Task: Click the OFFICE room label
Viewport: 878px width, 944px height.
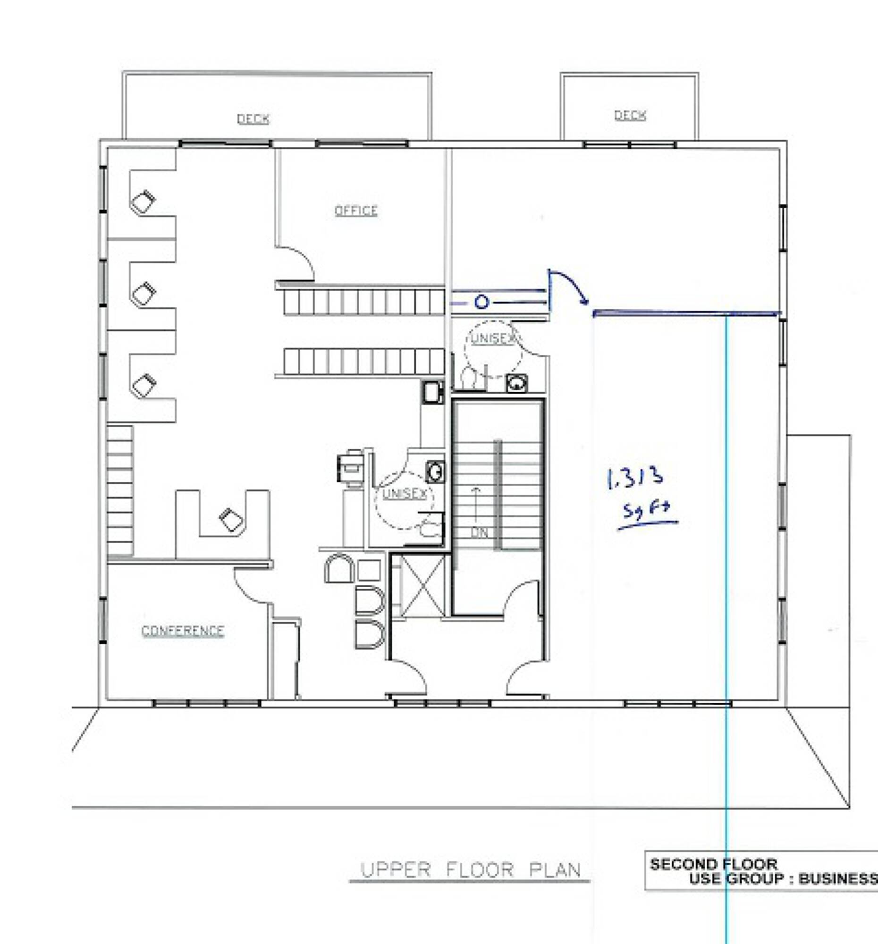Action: coord(355,211)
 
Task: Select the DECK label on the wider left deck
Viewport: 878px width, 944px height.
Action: coord(253,118)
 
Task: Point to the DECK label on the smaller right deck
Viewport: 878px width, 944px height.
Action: coord(630,115)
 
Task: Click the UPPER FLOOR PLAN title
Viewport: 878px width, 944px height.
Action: coord(471,870)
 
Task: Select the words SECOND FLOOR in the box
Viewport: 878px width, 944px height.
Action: coord(713,864)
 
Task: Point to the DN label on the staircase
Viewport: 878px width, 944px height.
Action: coord(479,532)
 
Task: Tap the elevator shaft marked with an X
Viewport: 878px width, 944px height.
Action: coord(422,586)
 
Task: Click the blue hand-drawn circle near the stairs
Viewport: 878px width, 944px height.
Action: coord(481,302)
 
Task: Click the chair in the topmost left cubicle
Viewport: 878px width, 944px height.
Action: coord(143,202)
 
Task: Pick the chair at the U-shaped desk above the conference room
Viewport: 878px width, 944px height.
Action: coord(232,520)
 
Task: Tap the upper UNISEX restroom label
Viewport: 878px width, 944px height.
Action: coord(492,338)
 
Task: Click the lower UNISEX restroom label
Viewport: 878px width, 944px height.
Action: coord(405,494)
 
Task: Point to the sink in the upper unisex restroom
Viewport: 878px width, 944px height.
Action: coord(516,383)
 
